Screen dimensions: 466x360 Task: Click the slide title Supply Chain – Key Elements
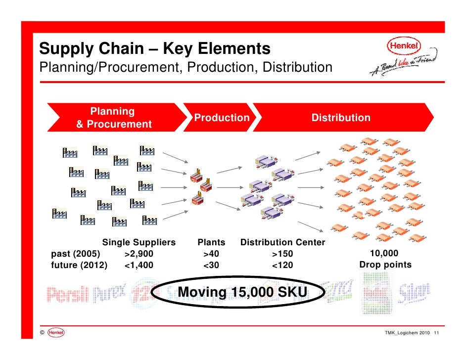pos(155,49)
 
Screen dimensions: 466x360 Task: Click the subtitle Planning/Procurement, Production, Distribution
pos(186,67)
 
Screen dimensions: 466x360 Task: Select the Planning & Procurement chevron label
pos(113,118)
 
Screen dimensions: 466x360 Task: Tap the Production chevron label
pos(222,118)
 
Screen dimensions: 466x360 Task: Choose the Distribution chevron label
pos(340,118)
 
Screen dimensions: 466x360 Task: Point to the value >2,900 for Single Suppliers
pos(139,254)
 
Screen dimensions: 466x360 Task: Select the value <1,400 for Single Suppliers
pos(139,265)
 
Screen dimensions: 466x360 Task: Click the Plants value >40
pos(211,254)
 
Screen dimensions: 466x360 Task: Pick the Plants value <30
pos(211,265)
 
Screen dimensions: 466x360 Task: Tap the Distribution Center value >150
pos(282,254)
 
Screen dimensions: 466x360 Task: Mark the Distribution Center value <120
pos(282,265)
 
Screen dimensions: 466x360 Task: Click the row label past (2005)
pos(76,254)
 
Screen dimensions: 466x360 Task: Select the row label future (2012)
pos(79,265)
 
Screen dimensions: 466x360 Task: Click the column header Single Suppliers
pos(139,243)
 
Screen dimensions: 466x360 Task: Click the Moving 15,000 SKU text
pos(242,292)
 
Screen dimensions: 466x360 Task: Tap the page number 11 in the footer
pos(436,332)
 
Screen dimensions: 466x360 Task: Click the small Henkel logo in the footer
pos(56,332)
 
